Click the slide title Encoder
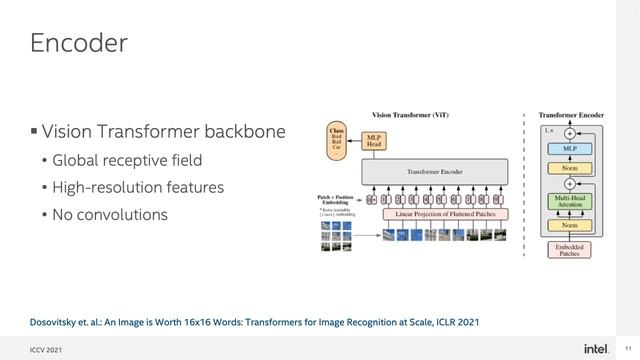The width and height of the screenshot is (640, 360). click(78, 43)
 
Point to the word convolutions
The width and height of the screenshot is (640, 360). click(122, 214)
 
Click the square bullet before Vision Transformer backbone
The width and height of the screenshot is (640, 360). click(33, 132)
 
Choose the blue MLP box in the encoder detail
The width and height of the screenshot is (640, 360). click(569, 148)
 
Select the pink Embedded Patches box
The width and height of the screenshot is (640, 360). click(569, 249)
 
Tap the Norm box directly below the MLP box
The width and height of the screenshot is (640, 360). click(569, 169)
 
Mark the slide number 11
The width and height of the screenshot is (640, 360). click(626, 347)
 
